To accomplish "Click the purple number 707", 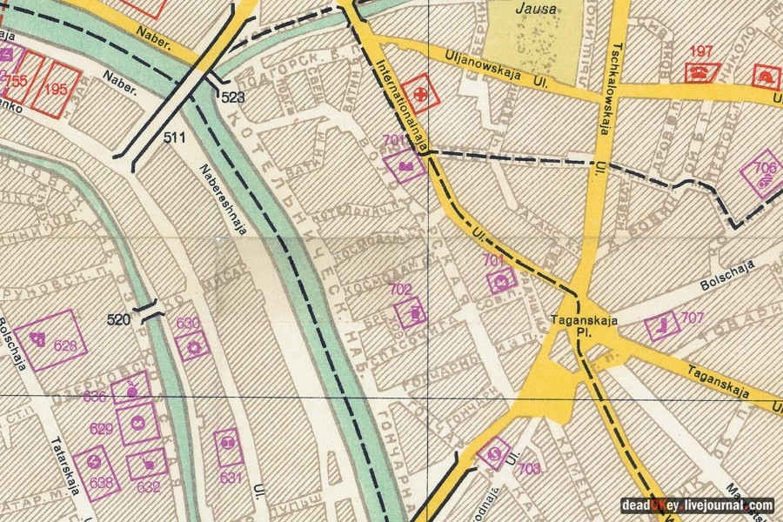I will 693,318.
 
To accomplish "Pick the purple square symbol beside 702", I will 411,312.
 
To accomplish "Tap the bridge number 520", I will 119,319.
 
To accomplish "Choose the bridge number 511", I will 175,137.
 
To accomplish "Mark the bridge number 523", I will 232,97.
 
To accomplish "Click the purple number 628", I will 70,346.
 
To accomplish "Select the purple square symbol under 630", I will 192,345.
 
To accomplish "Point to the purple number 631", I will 231,478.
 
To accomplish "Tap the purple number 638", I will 102,483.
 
